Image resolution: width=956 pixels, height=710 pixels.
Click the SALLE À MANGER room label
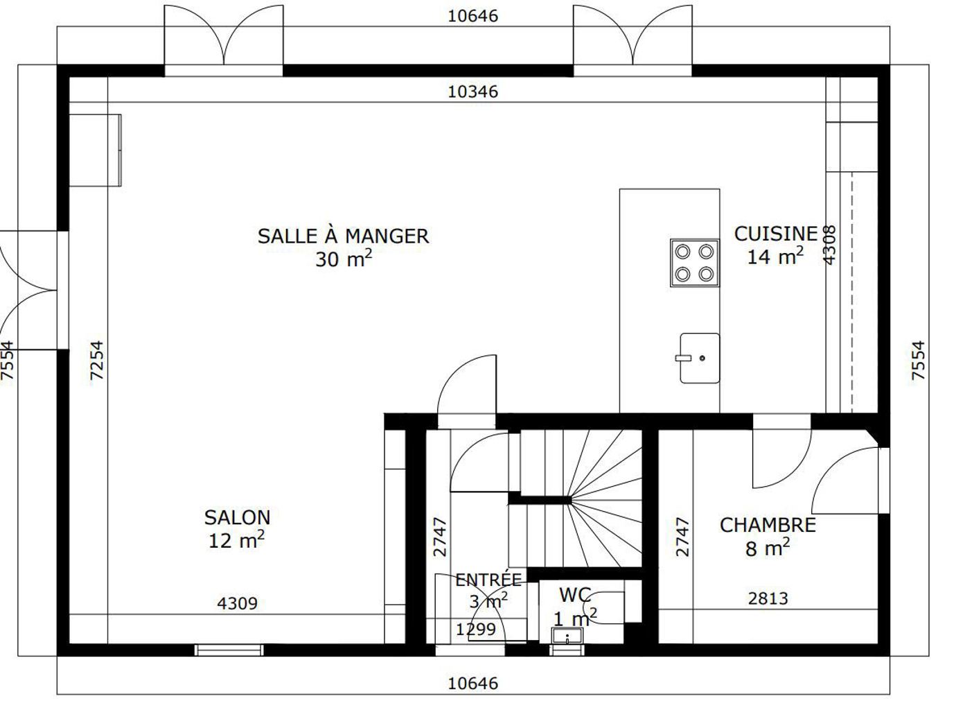(x=343, y=236)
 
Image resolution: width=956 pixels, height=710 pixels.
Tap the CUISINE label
(x=776, y=234)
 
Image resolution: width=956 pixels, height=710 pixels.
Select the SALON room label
(x=237, y=518)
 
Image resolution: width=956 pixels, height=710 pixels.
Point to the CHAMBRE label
(x=768, y=526)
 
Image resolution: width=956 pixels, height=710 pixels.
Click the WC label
(x=575, y=595)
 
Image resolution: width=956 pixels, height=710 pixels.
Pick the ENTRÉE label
(x=488, y=580)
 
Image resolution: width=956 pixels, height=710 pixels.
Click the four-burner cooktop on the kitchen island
(x=694, y=263)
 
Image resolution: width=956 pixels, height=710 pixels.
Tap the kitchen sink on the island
(x=700, y=358)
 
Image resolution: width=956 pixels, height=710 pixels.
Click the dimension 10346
(x=473, y=92)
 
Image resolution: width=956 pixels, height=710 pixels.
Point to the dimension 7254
(x=97, y=360)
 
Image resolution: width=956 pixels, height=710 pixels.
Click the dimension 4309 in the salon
(x=237, y=603)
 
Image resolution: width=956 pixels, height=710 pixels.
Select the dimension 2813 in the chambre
(x=768, y=598)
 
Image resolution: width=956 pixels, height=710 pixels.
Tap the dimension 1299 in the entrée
(x=476, y=630)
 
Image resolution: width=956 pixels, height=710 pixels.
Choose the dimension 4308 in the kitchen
(x=829, y=245)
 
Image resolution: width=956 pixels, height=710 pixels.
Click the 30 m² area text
(x=344, y=259)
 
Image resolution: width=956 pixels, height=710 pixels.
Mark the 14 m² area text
(x=775, y=257)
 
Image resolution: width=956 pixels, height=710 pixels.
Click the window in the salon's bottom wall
(x=229, y=650)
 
